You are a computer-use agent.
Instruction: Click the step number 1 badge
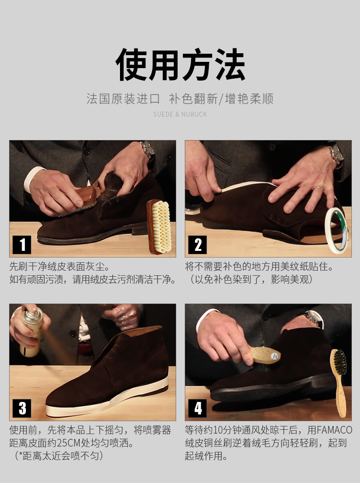coord(22,245)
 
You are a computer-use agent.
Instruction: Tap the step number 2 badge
coord(197,245)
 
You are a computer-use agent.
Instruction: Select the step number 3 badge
coord(22,409)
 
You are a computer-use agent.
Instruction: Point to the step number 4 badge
coord(197,409)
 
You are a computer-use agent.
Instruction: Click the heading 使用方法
coord(180,64)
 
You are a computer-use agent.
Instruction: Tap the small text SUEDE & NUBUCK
coord(180,114)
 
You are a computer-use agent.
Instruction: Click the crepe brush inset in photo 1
coord(159,226)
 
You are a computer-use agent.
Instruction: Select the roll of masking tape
coord(336,230)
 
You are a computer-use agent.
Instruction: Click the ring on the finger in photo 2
coord(319,188)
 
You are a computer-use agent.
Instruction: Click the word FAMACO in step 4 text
coord(334,430)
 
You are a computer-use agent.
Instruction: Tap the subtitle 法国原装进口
coord(123,99)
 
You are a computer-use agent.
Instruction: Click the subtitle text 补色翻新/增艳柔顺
coord(221,99)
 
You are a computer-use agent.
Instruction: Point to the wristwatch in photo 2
coord(336,153)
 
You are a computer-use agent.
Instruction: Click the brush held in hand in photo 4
coord(265,355)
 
